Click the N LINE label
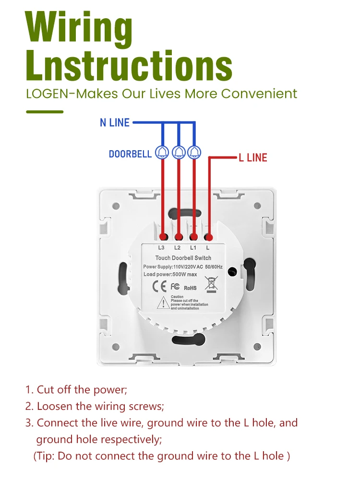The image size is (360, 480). (x=115, y=123)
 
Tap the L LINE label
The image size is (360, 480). (x=253, y=157)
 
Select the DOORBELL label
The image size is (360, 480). (x=130, y=154)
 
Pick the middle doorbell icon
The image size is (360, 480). (x=179, y=152)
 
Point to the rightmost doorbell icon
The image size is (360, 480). (x=194, y=152)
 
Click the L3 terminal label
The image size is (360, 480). (x=161, y=248)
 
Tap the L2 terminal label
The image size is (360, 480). (x=177, y=248)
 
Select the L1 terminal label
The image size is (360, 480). (x=193, y=248)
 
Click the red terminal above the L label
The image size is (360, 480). (x=209, y=237)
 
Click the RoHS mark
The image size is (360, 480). (x=190, y=288)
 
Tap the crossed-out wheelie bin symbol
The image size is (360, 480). (x=210, y=283)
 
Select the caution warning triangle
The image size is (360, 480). (x=163, y=302)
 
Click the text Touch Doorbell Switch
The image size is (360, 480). (x=183, y=258)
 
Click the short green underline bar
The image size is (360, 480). (x=45, y=112)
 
